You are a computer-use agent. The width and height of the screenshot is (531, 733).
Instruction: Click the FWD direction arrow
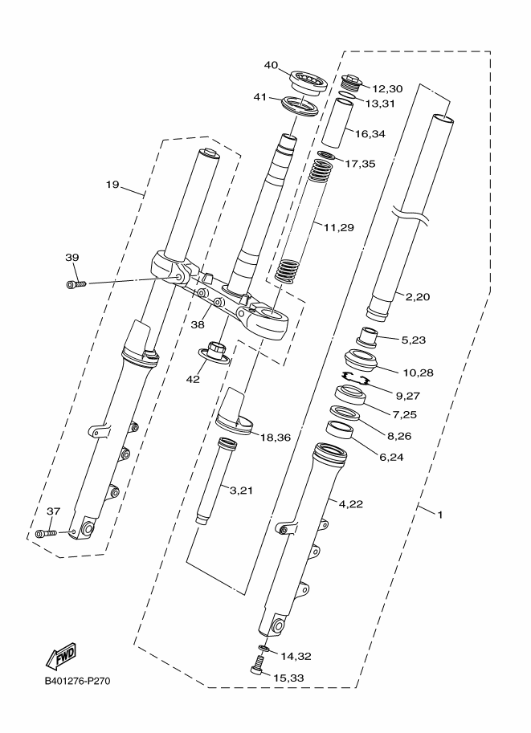[60, 655]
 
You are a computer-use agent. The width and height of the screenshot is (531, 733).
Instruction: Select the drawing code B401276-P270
[78, 681]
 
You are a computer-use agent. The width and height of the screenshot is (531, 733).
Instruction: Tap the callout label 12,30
[387, 89]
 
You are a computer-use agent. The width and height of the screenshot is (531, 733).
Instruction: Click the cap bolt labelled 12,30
[353, 82]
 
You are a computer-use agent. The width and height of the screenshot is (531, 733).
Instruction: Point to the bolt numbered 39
[76, 283]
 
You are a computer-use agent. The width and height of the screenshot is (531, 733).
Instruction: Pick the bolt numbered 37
[46, 533]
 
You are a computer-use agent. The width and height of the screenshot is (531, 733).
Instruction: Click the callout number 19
[112, 185]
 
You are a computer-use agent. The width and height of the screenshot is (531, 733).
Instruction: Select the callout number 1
[439, 515]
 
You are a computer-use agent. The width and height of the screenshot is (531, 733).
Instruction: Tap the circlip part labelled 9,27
[356, 378]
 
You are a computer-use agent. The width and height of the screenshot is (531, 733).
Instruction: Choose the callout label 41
[260, 97]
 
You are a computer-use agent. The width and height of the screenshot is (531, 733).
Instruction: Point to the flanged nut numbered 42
[215, 352]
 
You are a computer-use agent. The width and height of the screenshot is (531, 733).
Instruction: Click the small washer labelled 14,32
[263, 649]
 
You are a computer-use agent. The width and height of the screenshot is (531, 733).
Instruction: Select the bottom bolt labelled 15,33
[257, 665]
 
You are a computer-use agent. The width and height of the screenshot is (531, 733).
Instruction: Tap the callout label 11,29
[339, 228]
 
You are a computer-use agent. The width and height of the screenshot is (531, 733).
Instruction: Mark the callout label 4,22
[351, 504]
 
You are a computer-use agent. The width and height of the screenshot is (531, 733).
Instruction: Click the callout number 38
[198, 324]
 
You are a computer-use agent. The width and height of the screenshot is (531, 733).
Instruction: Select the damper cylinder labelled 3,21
[213, 481]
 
